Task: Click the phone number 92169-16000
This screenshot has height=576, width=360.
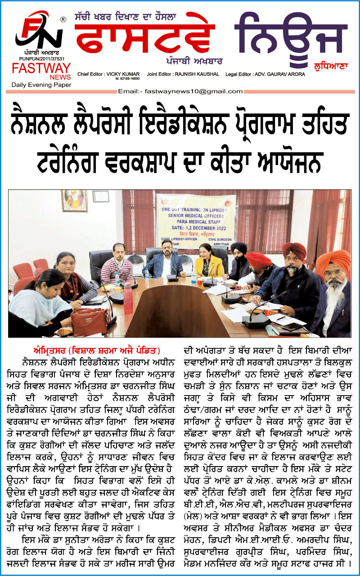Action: pyautogui.click(x=127, y=79)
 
